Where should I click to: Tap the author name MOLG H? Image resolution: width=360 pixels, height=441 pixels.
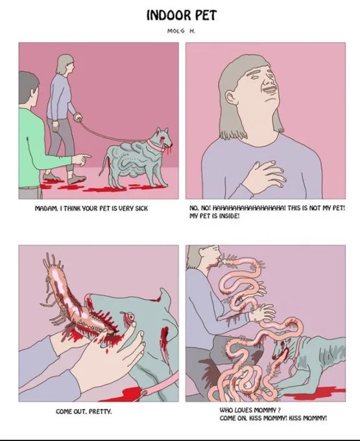point(181,31)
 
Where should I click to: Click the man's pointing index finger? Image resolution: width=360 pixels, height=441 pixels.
point(87,156)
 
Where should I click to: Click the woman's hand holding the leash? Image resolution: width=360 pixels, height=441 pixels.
point(78,116)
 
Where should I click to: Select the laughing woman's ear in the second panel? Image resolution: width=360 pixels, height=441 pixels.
point(230,97)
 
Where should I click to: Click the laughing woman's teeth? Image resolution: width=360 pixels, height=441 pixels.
point(269,89)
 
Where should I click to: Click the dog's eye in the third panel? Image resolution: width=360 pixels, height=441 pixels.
point(130,316)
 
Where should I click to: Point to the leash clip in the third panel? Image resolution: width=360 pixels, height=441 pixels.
point(145,392)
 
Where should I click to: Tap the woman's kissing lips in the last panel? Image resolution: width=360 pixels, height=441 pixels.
point(220,261)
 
